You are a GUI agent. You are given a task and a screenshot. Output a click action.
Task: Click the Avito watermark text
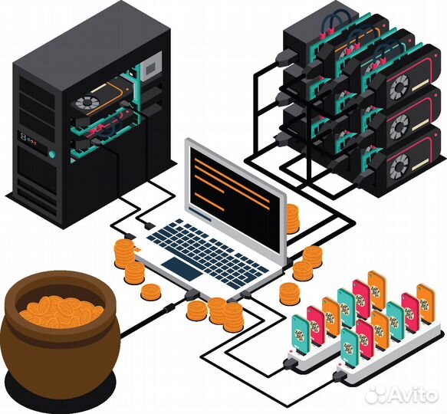[x=402, y=395]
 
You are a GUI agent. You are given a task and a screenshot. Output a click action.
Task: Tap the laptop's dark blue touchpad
[x=182, y=268]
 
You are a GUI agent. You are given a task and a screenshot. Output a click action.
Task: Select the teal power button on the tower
[x=52, y=154]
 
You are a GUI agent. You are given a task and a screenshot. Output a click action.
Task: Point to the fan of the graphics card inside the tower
[x=84, y=103]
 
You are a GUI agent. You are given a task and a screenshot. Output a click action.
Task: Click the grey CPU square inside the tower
[x=150, y=68]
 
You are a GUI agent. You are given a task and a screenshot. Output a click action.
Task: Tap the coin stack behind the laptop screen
[x=292, y=219]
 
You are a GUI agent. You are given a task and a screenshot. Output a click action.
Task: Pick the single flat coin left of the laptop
[x=151, y=292]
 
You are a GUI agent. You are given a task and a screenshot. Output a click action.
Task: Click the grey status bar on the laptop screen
[x=201, y=215]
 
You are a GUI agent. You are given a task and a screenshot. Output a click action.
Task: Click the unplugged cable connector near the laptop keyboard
[x=150, y=225]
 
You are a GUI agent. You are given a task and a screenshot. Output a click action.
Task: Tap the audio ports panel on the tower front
[x=28, y=140]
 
